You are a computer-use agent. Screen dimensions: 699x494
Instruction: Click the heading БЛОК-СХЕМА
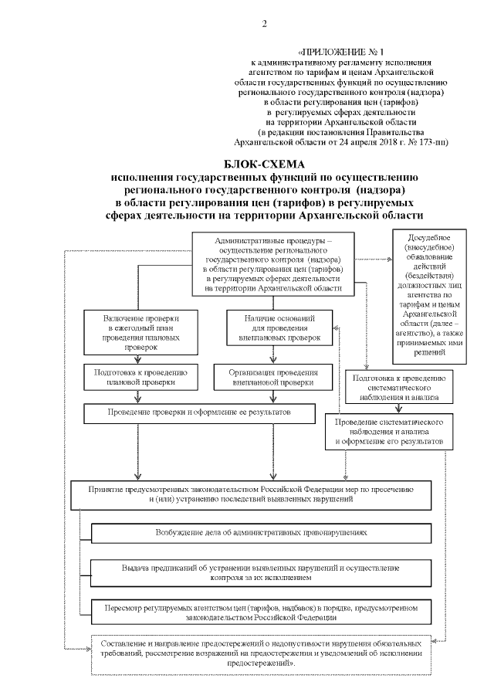coord(265,165)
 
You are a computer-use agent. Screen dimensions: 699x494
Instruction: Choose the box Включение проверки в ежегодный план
coord(139,332)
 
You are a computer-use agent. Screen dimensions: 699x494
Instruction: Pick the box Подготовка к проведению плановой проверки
coord(139,376)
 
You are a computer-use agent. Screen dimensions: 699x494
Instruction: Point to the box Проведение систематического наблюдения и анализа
coord(388,434)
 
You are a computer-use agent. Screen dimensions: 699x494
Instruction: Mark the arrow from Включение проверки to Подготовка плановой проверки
coord(139,358)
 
